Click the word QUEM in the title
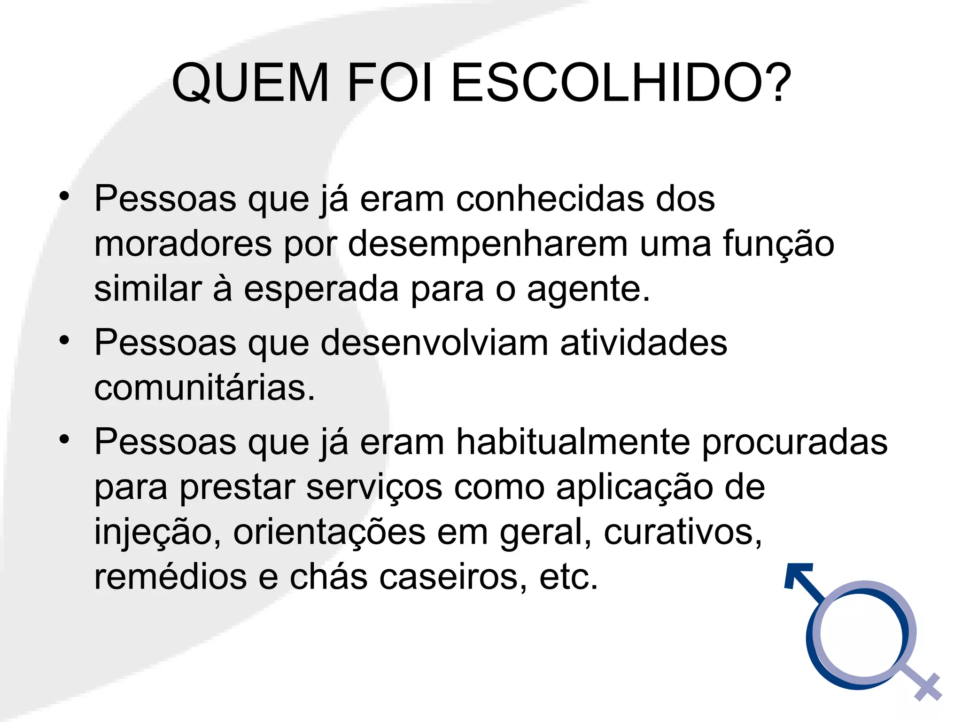pyautogui.click(x=250, y=83)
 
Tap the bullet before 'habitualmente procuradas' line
pyautogui.click(x=64, y=439)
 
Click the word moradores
pyautogui.click(x=183, y=244)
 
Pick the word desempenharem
pyautogui.click(x=488, y=244)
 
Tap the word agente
pyautogui.click(x=588, y=290)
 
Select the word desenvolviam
pyautogui.click(x=434, y=343)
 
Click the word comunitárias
pyautogui.click(x=204, y=388)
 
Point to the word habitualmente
pyautogui.click(x=573, y=442)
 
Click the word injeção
pyautogui.click(x=157, y=533)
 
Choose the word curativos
pyautogui.click(x=683, y=533)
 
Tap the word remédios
pyautogui.click(x=170, y=577)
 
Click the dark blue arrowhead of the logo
pyautogui.click(x=797, y=574)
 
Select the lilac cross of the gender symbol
pyautogui.click(x=927, y=687)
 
